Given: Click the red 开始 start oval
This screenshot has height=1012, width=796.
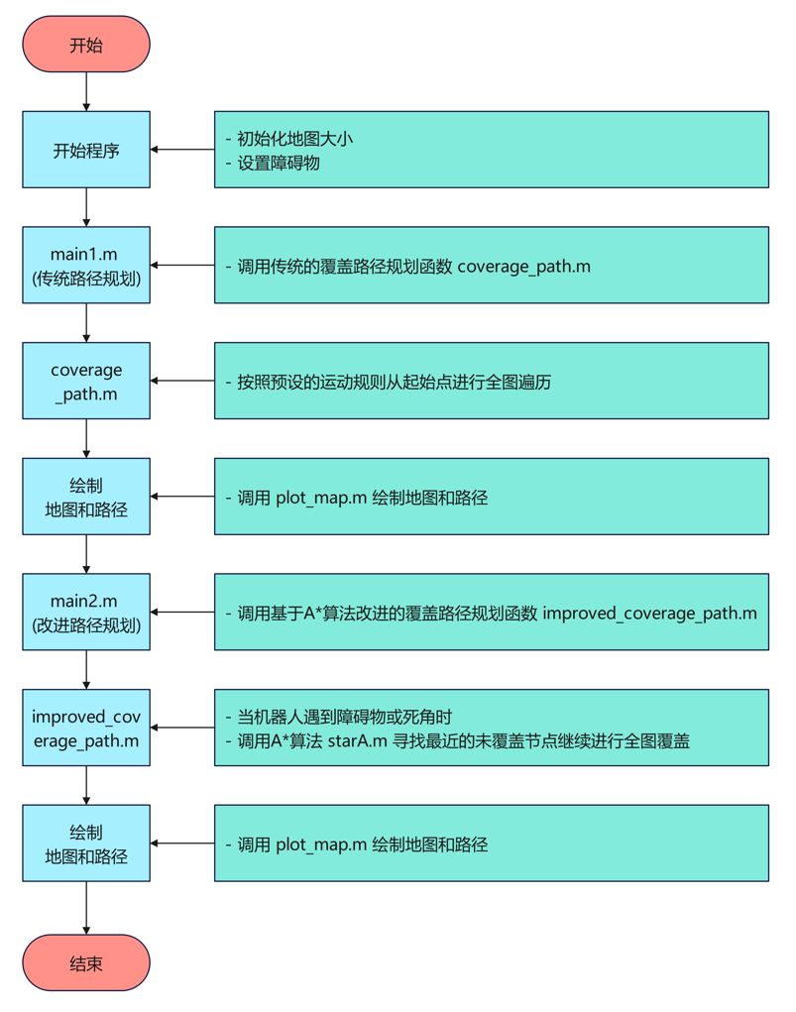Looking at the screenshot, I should pos(86,45).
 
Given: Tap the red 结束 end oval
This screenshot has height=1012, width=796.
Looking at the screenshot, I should pos(86,962).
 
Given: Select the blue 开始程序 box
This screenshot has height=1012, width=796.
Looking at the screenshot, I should pos(86,150).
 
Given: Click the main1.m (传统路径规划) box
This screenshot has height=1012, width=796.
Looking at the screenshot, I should pos(86,265).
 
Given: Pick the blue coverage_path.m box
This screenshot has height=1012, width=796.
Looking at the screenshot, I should pos(86,381).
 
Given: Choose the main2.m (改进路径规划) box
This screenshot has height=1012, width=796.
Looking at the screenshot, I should pos(86,613).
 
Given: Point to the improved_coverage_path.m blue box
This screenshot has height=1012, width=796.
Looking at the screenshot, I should pos(86,728).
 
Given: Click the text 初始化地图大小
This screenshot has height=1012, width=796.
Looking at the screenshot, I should pos(295,139).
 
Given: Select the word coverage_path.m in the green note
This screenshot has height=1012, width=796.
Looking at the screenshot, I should pos(524,266).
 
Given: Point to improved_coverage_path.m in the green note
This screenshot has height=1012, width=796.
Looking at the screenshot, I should pos(649,614).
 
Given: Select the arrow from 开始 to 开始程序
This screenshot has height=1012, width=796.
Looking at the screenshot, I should pos(86,92).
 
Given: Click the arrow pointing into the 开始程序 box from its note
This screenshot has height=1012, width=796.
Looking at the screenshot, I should pos(182,150).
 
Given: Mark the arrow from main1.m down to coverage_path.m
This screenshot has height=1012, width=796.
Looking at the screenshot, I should pos(86,323).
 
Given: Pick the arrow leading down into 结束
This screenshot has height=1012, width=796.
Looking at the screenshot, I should pos(86,908).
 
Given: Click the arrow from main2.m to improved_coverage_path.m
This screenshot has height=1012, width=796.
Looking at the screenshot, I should pos(86,670).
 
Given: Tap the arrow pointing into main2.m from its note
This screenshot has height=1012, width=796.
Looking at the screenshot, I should pos(182,613).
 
